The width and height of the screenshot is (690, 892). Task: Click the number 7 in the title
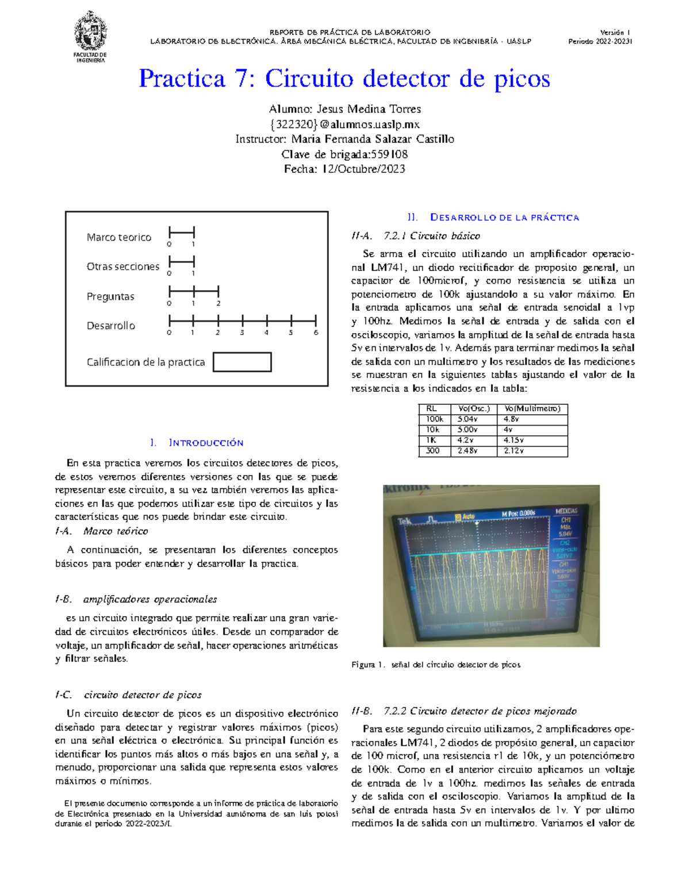241,79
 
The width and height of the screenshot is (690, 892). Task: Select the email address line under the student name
344,124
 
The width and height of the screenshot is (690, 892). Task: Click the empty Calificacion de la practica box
242,362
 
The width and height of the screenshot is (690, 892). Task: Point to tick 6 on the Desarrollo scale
316,320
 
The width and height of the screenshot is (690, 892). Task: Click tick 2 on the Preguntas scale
218,292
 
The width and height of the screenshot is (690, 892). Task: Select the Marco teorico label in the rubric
118,237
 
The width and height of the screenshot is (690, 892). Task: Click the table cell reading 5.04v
467,419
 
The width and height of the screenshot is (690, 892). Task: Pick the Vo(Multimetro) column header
532,408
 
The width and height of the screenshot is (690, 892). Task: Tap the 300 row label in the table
432,451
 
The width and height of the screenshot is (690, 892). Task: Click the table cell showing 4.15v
513,441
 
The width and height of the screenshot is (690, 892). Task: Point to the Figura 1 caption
435,665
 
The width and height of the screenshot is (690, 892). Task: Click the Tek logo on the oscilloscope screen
405,522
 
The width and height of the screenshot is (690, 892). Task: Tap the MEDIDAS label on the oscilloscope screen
566,511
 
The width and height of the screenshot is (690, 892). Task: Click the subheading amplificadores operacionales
149,599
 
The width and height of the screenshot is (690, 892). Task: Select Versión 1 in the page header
615,33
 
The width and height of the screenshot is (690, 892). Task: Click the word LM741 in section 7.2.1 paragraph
386,267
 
